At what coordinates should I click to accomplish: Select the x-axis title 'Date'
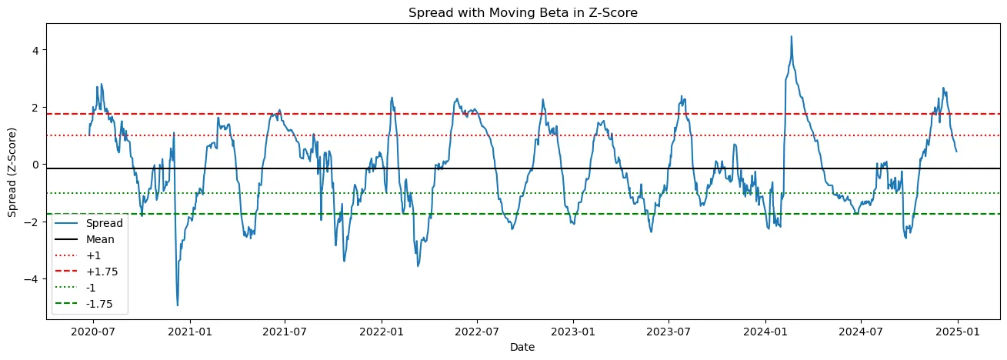(x=522, y=348)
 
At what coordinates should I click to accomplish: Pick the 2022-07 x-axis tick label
(x=477, y=332)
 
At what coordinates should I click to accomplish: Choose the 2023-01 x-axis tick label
(x=573, y=332)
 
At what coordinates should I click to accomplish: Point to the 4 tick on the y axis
(x=35, y=50)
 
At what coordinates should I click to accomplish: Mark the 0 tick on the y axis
(x=35, y=165)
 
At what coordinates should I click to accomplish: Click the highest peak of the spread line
(x=791, y=36)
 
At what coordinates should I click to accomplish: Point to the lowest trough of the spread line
(x=178, y=305)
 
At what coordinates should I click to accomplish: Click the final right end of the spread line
(x=956, y=151)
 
